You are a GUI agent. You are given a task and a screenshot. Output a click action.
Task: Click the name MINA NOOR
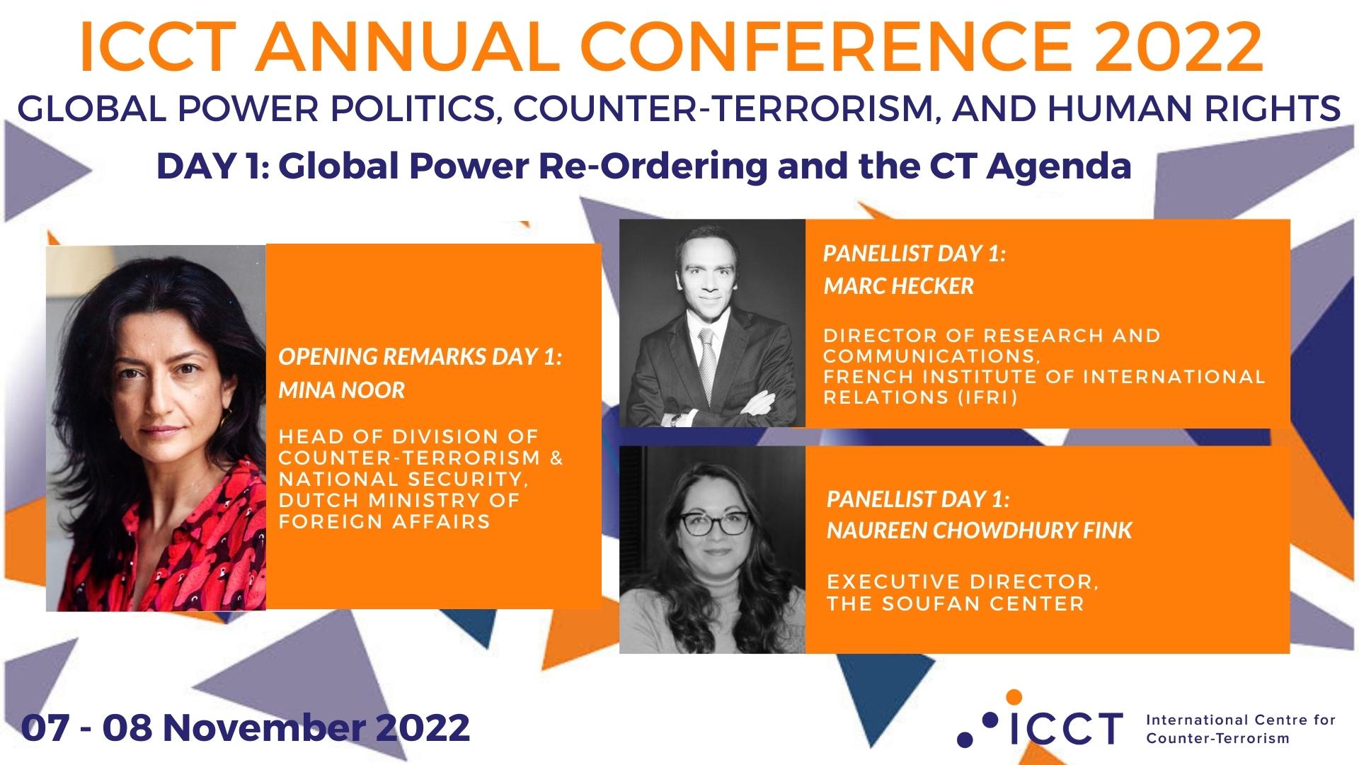(341, 390)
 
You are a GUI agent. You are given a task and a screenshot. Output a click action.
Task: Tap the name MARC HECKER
(898, 286)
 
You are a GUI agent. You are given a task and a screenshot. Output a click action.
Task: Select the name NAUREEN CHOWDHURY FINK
(979, 531)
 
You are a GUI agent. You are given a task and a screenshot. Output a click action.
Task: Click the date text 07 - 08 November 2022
(246, 727)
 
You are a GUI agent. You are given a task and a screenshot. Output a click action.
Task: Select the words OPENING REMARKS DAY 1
(420, 357)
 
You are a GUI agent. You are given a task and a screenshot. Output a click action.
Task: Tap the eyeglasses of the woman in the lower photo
(713, 523)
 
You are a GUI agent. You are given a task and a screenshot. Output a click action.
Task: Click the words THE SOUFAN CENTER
(956, 604)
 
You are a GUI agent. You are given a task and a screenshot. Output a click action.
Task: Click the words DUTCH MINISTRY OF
(399, 500)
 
